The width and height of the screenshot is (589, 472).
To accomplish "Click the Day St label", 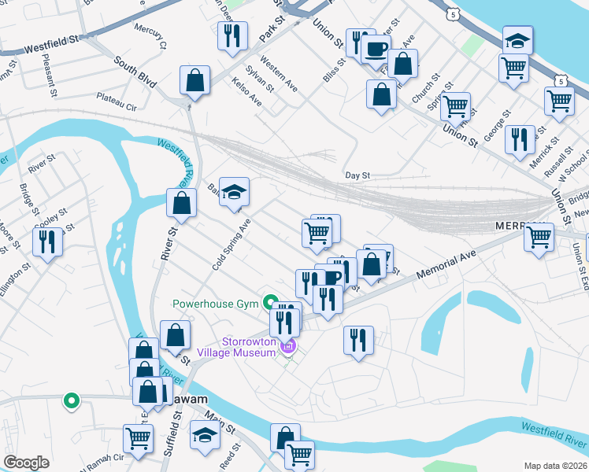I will pyautogui.click(x=357, y=175).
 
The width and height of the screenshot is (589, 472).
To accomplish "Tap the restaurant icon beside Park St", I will pyautogui.click(x=232, y=36).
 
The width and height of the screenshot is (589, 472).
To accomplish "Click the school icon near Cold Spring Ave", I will pyautogui.click(x=233, y=193).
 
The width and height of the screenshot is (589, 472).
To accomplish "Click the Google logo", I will pyautogui.click(x=26, y=463).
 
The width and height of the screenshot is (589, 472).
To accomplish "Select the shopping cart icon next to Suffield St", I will pyautogui.click(x=139, y=438).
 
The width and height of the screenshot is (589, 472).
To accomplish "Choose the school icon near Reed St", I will pyautogui.click(x=205, y=437).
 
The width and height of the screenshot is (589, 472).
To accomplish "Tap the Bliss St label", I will pyautogui.click(x=332, y=69).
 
